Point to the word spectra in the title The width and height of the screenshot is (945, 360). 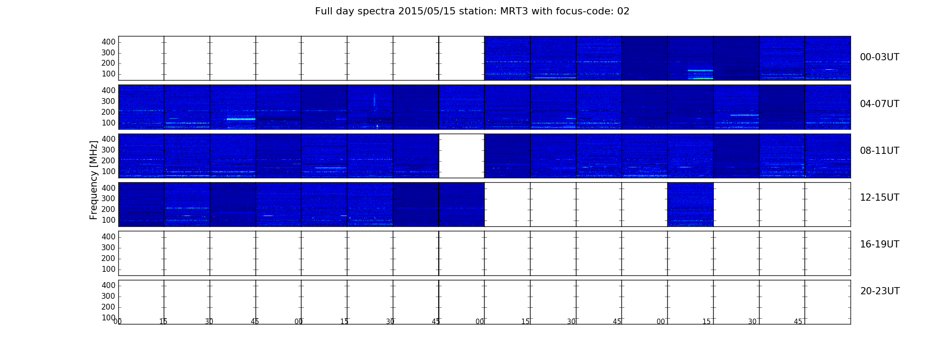coord(376,12)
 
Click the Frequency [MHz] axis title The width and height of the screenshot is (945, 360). coord(94,180)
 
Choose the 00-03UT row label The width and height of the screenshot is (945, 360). coord(879,57)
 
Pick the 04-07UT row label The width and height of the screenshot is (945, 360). coord(879,104)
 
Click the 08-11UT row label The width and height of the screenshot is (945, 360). coord(879,151)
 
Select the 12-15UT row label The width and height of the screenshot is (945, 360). coord(879,198)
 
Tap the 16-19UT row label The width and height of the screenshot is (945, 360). coord(879,244)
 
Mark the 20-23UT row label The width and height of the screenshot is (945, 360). coord(880,291)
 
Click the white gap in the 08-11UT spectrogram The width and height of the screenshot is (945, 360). coord(461,156)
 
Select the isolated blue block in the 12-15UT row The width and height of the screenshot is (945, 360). coord(690,204)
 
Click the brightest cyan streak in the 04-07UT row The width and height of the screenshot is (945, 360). coord(241,119)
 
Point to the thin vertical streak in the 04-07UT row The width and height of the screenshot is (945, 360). coord(374,99)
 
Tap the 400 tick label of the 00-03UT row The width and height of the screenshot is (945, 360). coord(108,42)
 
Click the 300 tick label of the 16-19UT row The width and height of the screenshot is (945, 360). coord(108,247)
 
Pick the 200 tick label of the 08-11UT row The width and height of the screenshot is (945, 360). coord(108,161)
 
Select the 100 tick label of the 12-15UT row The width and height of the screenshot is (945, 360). coord(108,220)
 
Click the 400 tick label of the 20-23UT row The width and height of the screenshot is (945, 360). coord(108,285)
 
